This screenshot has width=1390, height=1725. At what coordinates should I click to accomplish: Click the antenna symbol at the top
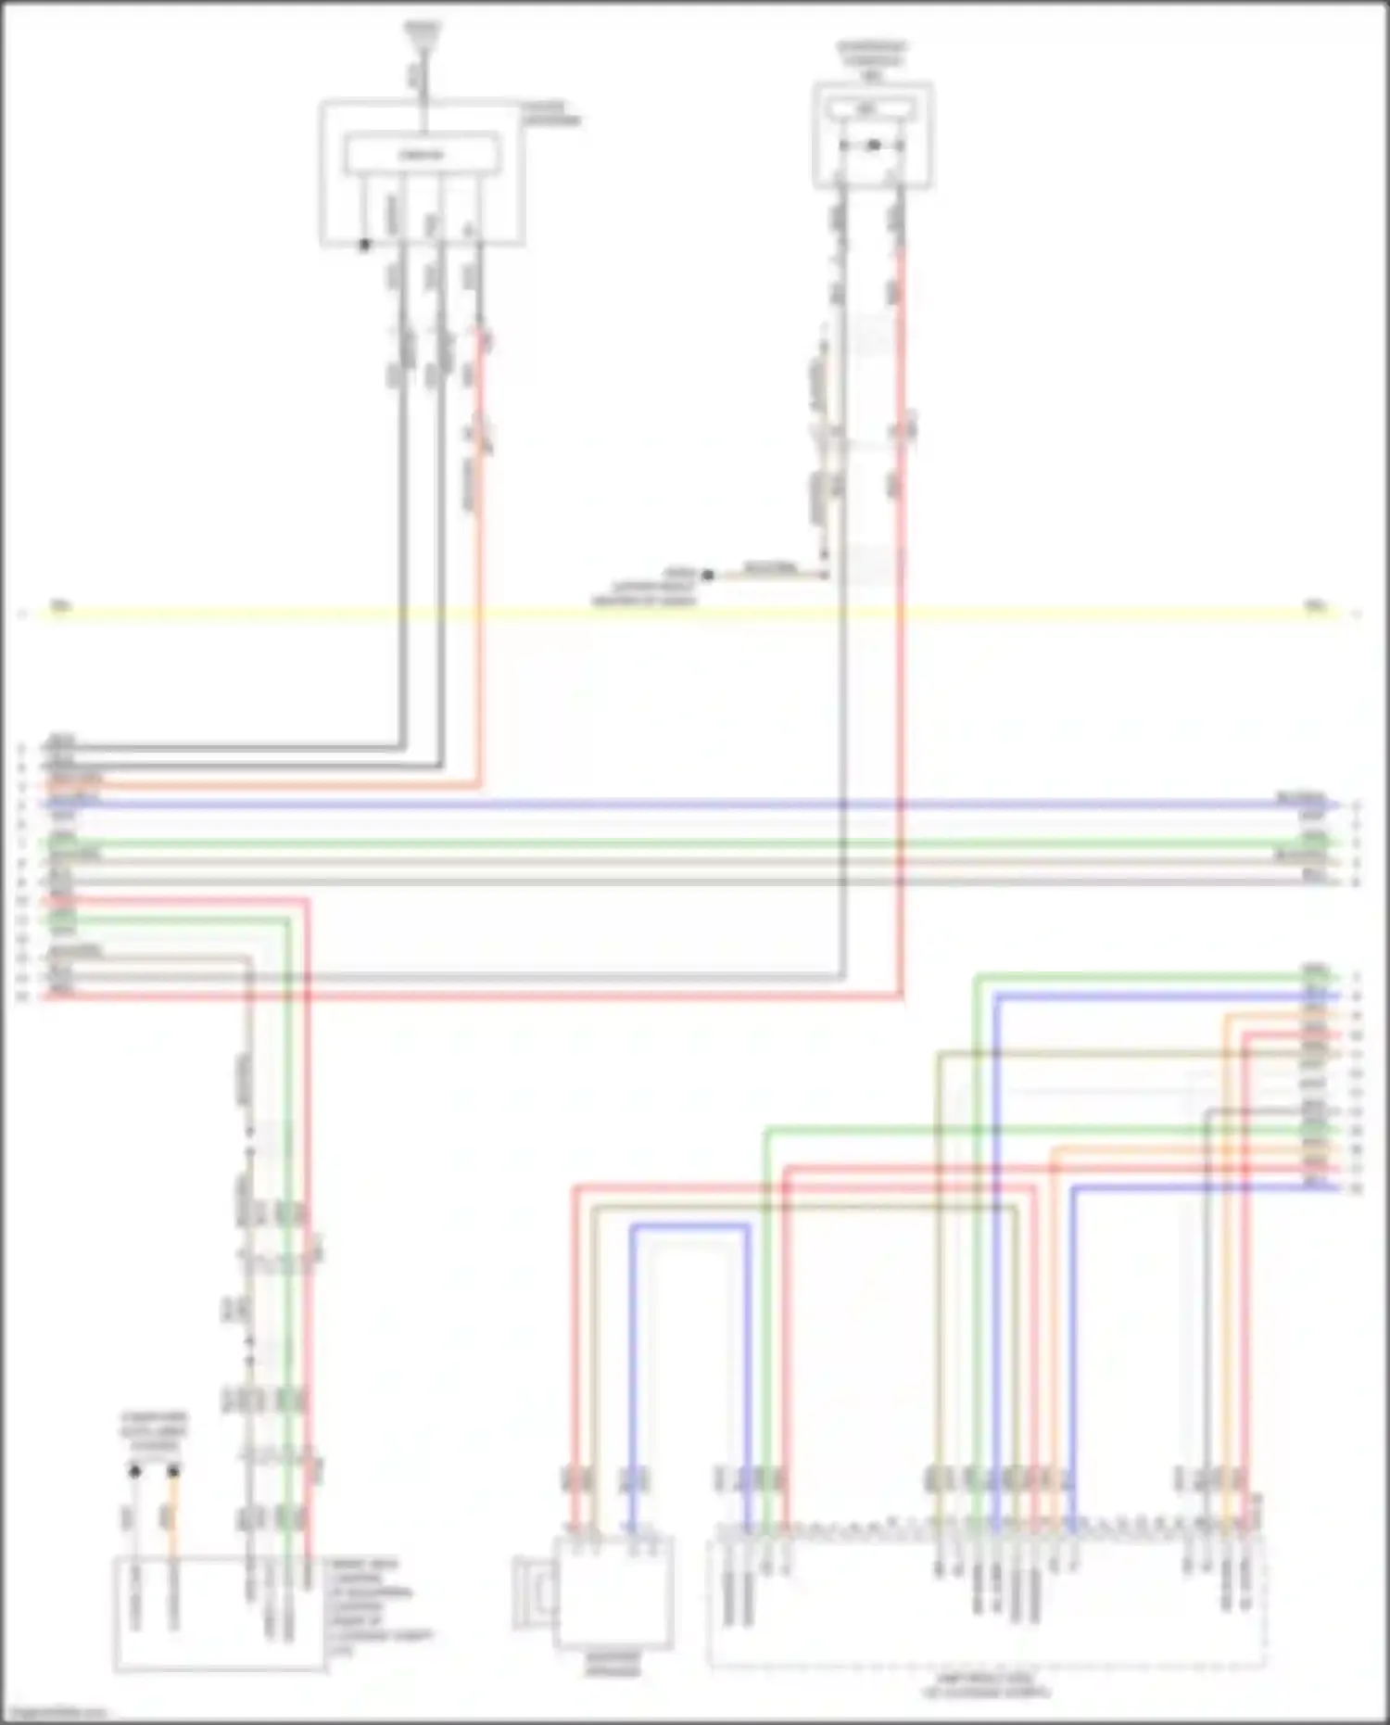(423, 35)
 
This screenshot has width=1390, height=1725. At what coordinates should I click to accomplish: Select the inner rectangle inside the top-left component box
(423, 154)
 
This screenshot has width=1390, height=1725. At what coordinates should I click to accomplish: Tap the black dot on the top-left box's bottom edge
(365, 245)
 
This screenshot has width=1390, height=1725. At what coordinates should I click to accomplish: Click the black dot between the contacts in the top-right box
(873, 146)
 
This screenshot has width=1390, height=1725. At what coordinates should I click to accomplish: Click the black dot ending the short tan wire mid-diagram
(708, 575)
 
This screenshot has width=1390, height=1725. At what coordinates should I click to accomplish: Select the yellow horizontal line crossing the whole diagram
(686, 612)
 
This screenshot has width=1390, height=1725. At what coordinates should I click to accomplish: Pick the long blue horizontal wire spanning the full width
(686, 805)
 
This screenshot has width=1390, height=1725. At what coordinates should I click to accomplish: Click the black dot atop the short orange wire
(172, 1470)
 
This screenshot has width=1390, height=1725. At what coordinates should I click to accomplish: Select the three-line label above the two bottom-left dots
(154, 1432)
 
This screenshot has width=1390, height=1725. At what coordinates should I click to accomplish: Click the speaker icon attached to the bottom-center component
(534, 1592)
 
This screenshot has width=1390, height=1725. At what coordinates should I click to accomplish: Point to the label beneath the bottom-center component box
(613, 1665)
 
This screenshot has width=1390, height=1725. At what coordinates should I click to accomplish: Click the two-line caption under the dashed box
(987, 1685)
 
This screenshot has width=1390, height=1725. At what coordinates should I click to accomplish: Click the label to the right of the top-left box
(551, 114)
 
